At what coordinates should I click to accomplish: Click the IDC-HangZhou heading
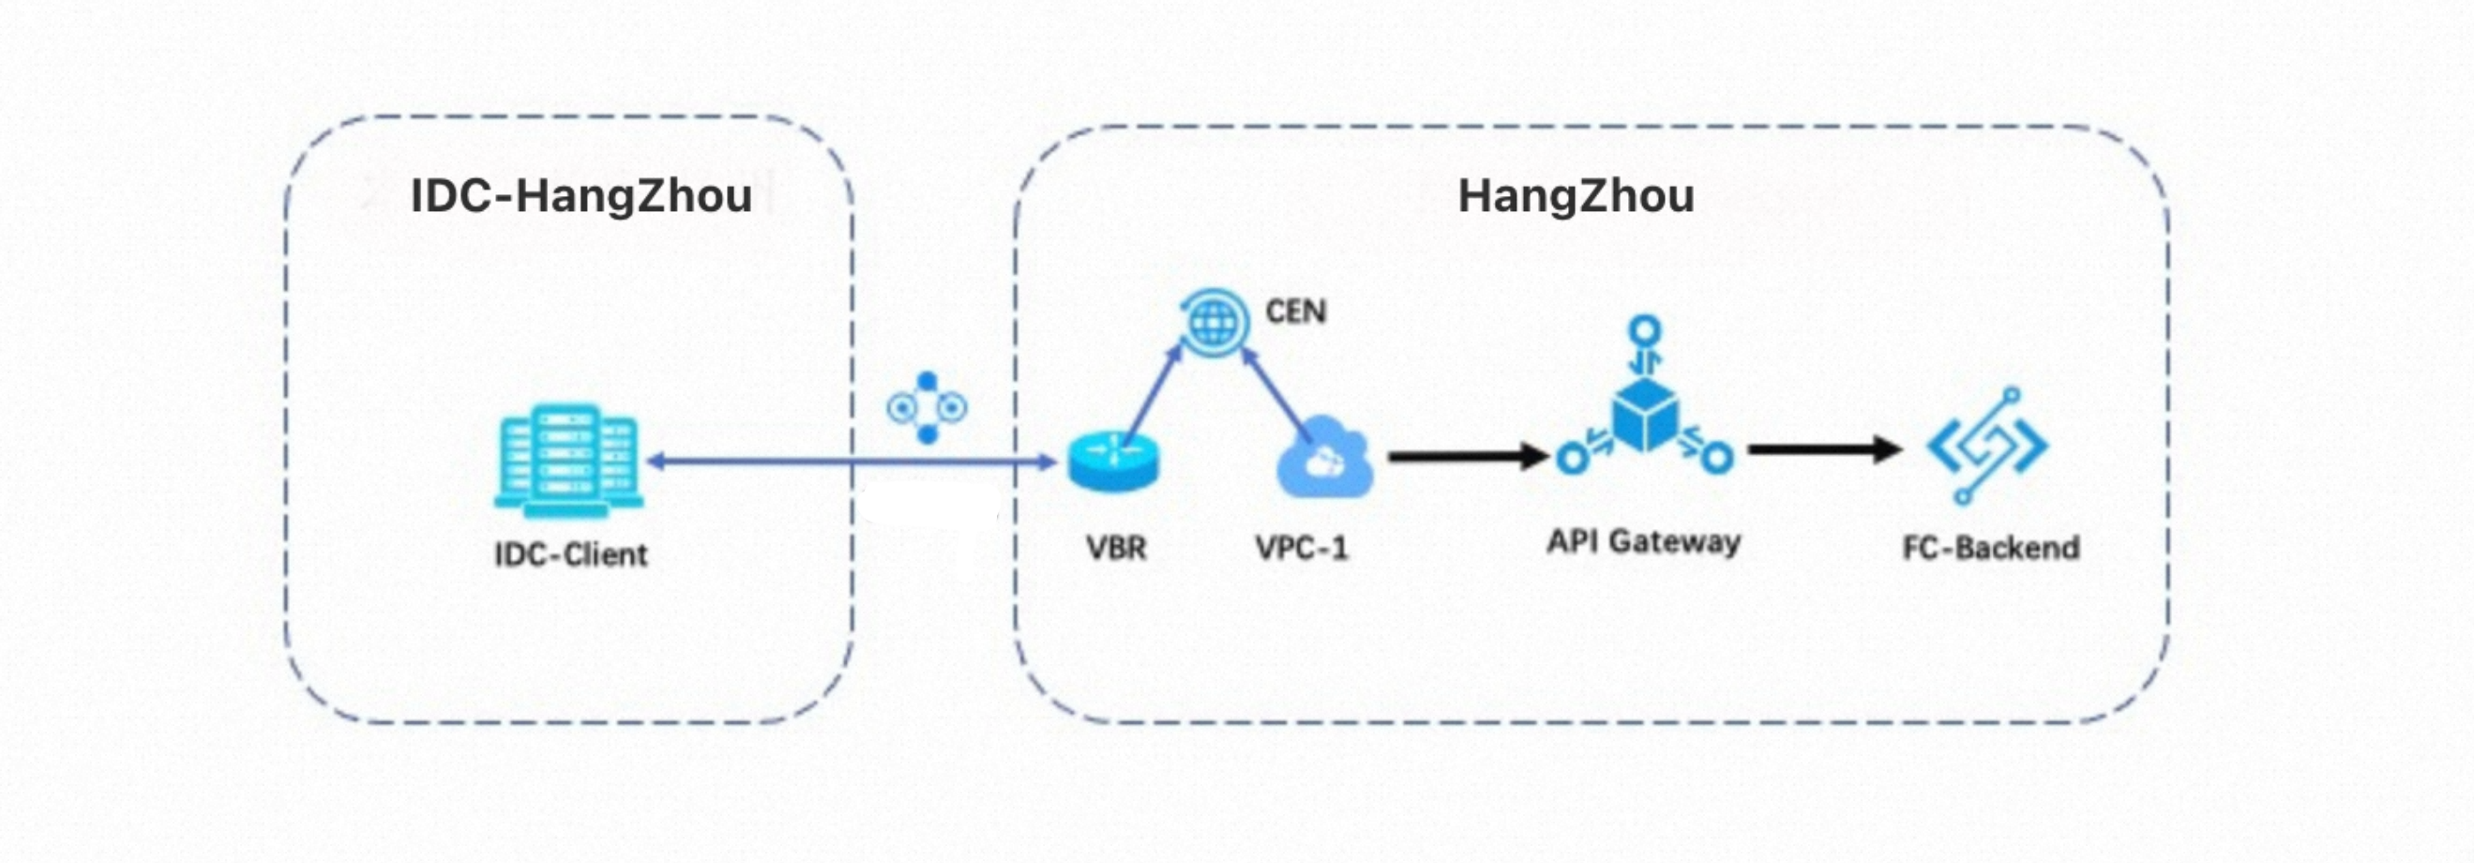point(581,196)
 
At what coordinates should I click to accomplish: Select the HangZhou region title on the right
point(1576,196)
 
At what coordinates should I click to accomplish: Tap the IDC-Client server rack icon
point(568,461)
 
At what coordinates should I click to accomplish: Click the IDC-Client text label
point(570,554)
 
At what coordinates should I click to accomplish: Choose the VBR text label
point(1116,548)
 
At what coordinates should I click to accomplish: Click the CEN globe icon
point(1214,321)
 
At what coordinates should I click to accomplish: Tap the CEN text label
point(1295,311)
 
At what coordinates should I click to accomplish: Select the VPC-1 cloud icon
point(1324,459)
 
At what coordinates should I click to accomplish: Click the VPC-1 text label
point(1302,548)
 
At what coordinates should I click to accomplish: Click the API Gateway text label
point(1643,542)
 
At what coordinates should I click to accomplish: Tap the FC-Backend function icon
point(1987,446)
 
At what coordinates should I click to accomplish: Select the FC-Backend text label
point(1991,548)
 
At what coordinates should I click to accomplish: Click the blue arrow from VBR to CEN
point(1153,394)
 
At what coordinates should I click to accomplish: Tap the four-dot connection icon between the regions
point(927,408)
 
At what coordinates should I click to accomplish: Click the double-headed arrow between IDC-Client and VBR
point(851,462)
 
